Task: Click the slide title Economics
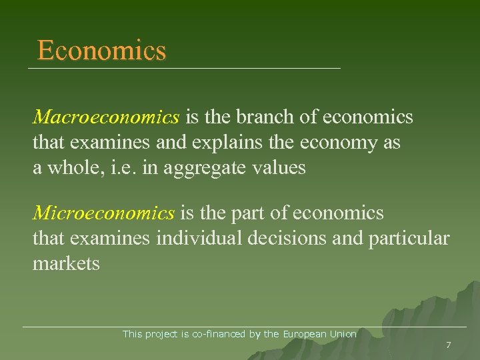click(101, 51)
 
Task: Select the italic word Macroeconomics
click(106, 118)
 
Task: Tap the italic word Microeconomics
click(104, 213)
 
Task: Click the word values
click(281, 168)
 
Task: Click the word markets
click(66, 264)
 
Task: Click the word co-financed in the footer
click(219, 334)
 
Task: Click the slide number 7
click(448, 345)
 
